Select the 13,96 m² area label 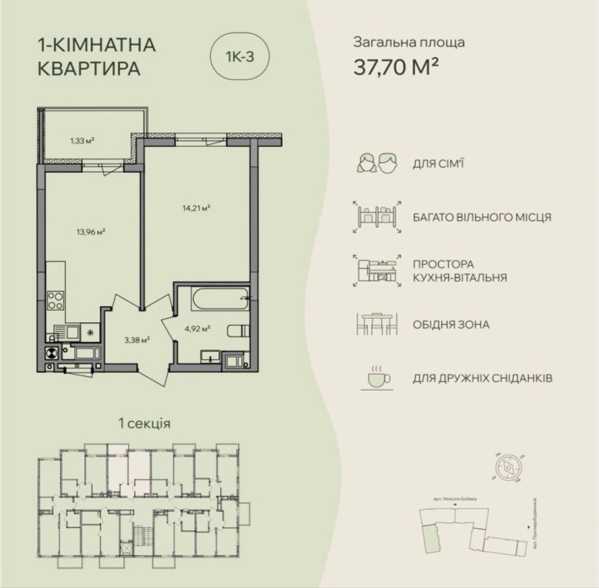coord(87,229)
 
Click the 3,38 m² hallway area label coord(136,340)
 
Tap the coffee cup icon coord(375,379)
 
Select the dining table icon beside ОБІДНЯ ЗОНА coord(376,324)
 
